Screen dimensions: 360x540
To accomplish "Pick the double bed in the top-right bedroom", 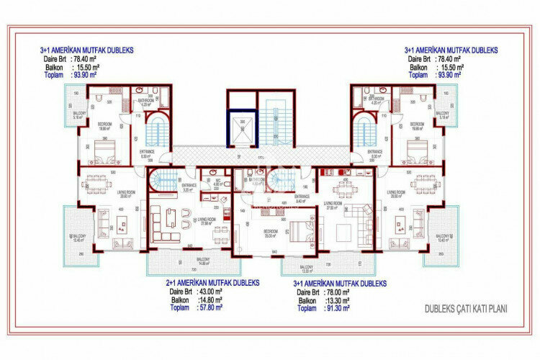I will click(416, 150).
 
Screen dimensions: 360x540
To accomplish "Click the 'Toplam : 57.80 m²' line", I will click(196, 307).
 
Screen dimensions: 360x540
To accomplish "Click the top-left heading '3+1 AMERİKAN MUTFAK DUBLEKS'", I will click(86, 50).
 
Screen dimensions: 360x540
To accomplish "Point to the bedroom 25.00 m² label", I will click(271, 234).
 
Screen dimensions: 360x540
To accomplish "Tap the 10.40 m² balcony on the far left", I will click(77, 238).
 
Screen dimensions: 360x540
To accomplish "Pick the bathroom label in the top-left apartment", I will click(148, 102).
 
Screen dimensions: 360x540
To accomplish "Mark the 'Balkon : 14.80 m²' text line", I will click(196, 300).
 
